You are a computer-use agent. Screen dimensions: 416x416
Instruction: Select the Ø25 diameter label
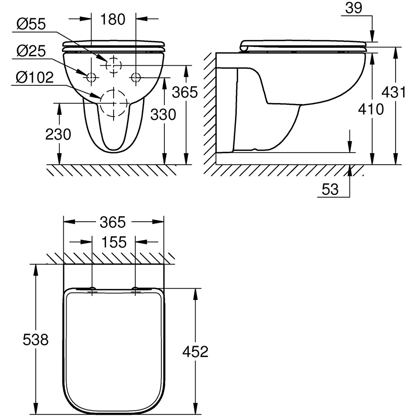[32, 52]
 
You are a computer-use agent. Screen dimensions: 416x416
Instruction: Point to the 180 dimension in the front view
[113, 19]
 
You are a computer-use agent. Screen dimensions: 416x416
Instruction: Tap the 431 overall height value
[393, 92]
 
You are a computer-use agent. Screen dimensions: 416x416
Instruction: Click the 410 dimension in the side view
[370, 109]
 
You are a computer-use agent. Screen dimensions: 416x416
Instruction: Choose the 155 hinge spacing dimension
[113, 242]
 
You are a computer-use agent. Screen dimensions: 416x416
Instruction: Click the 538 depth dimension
[36, 340]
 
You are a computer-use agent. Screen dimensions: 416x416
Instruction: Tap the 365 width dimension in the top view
[113, 223]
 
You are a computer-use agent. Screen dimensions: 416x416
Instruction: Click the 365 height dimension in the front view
[185, 92]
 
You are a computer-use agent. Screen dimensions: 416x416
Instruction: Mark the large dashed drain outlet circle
[113, 103]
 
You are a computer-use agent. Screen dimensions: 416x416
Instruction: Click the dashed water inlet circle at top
[113, 65]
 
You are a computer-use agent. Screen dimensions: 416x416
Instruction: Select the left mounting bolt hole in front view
[91, 77]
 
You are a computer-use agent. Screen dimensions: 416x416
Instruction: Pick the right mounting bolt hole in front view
[136, 77]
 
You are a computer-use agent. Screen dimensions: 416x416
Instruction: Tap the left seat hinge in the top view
[92, 289]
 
